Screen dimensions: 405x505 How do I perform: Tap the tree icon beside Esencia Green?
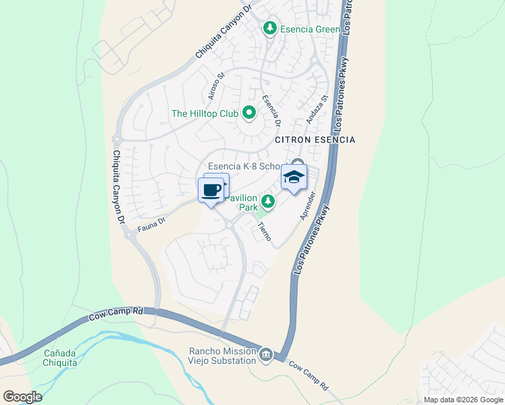click(270, 28)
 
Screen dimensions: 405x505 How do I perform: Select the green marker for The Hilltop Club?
click(248, 113)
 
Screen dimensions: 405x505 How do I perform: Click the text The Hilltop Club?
click(205, 113)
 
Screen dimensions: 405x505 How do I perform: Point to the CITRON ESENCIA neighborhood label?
click(315, 140)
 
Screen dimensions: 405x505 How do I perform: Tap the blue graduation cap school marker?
click(294, 178)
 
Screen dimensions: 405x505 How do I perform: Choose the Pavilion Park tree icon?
click(268, 200)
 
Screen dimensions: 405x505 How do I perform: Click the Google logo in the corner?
click(22, 396)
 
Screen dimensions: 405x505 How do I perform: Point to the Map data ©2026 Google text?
click(462, 400)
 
